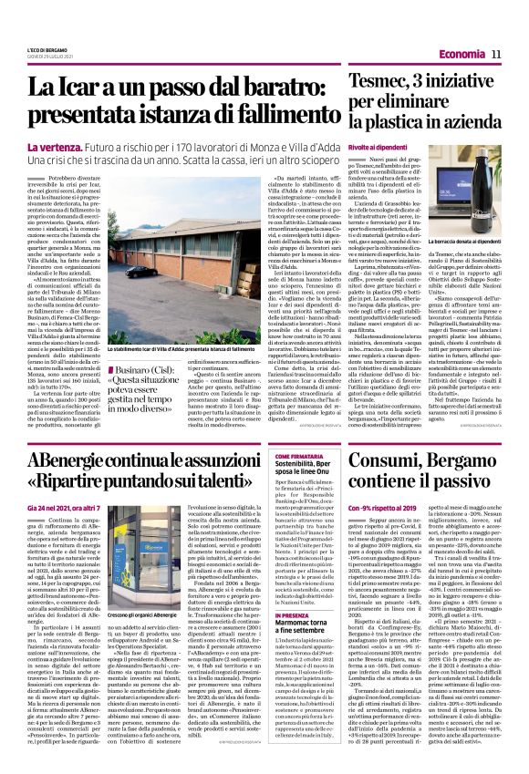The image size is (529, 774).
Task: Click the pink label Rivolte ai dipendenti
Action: point(377,148)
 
